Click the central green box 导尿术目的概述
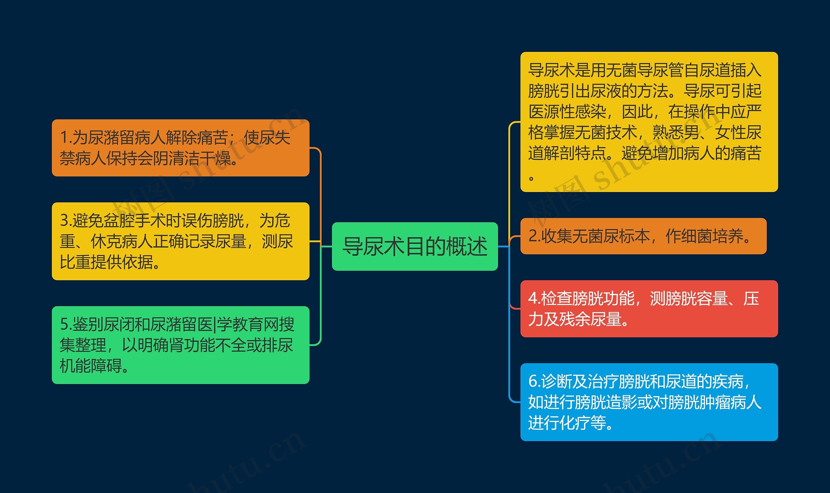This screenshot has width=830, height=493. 415,246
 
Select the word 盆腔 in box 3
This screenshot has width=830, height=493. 119,221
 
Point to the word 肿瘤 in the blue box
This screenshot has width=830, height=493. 714,402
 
